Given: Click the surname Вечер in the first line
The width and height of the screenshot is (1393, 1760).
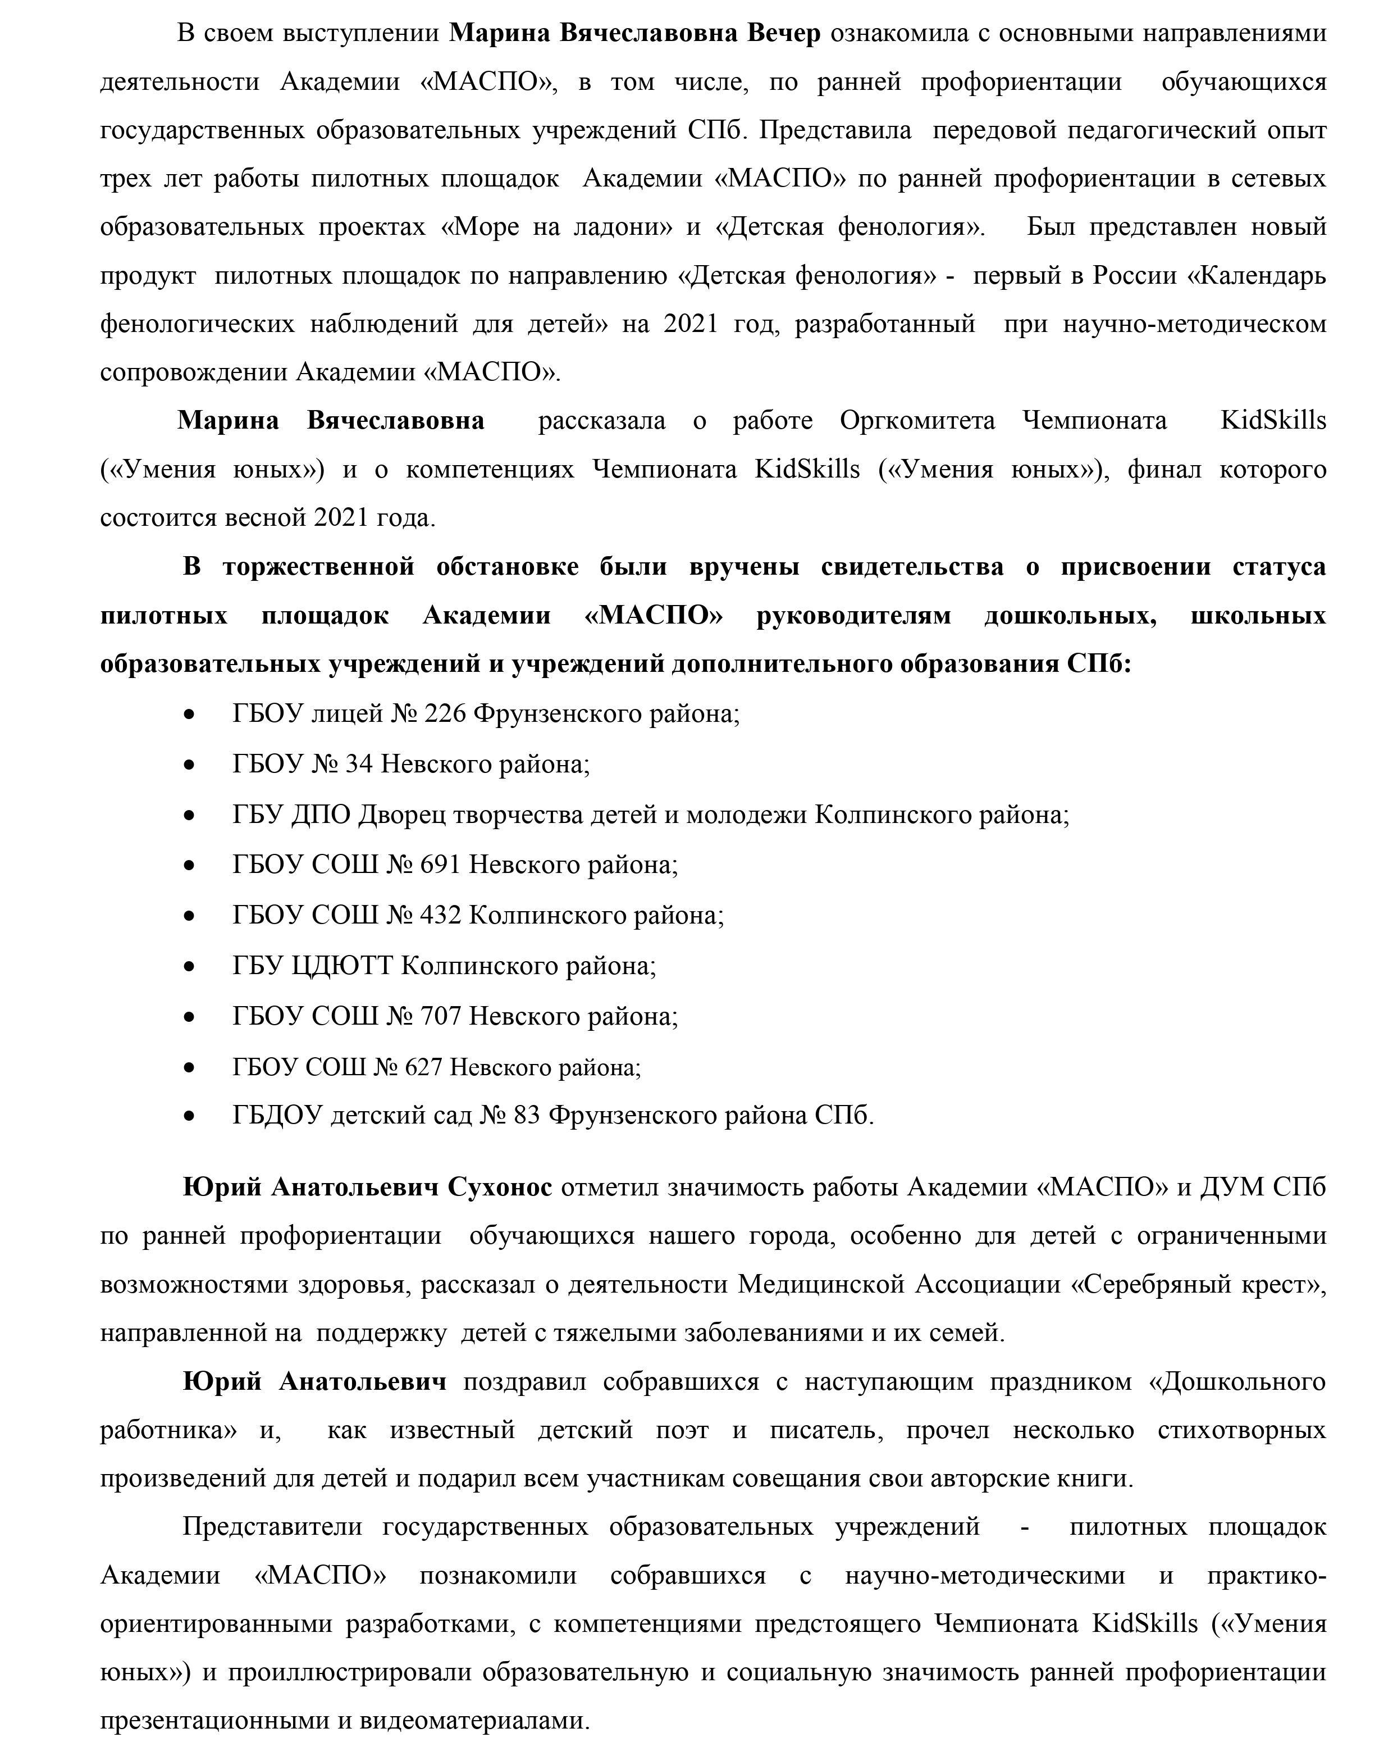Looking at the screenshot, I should point(784,34).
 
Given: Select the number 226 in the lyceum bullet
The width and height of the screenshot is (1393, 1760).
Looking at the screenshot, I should point(445,714).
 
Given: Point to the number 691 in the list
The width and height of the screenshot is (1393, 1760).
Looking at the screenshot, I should point(440,865).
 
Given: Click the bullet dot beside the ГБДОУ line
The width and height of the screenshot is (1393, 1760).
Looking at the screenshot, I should point(190,1117).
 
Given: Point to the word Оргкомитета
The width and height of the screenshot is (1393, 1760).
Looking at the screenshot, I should point(917,421).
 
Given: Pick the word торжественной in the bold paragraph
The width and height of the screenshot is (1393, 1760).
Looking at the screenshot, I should point(319,567).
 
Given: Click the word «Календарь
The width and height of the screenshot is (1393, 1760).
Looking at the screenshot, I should point(1255,276).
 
